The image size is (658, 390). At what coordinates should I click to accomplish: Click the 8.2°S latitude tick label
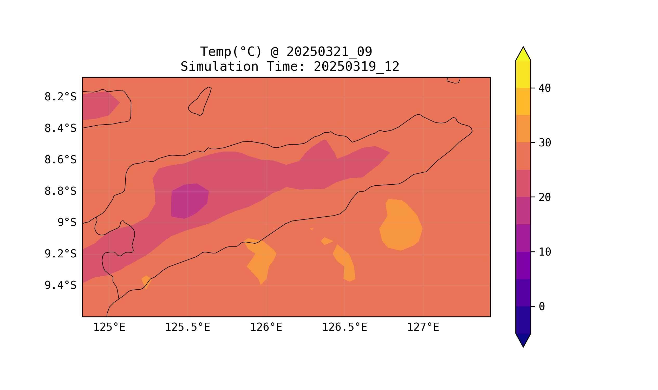60,97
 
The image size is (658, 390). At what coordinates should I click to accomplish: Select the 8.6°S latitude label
60,160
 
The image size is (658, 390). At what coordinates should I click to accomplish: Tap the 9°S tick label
67,223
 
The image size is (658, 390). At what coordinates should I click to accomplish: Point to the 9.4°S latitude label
60,285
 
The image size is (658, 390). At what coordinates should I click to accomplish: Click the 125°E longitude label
109,327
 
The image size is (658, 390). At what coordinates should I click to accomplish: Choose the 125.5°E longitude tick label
187,327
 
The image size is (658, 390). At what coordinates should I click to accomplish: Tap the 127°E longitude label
423,327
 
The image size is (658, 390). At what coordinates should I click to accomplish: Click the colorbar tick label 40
544,88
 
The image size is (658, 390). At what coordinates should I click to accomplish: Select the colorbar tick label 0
542,307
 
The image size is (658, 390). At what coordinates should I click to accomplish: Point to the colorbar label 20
544,197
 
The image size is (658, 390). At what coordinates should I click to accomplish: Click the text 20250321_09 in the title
329,51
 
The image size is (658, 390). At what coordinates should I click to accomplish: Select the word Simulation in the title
219,67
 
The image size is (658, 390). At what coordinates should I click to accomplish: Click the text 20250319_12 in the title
356,67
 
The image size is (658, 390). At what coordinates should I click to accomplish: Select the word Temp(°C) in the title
231,51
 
